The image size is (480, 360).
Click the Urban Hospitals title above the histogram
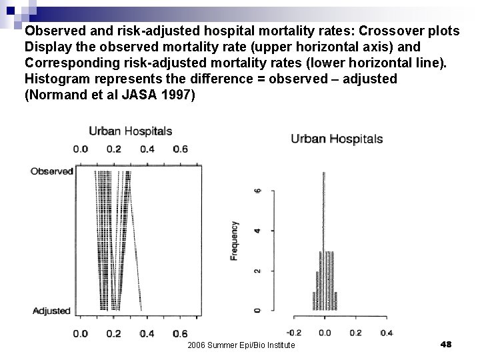[x=337, y=139]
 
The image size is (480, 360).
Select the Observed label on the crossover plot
[x=51, y=171]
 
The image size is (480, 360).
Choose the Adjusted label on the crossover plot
[x=51, y=311]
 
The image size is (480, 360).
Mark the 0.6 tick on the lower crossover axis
[x=179, y=333]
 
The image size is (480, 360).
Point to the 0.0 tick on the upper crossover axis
[x=81, y=149]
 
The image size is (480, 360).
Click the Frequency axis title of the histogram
[x=235, y=240]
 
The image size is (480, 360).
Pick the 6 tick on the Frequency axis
[x=259, y=191]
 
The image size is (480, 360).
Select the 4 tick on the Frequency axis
[x=259, y=231]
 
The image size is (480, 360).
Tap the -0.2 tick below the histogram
[x=293, y=333]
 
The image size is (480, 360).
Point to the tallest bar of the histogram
[x=325, y=240]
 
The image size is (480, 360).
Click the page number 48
[x=447, y=344]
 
